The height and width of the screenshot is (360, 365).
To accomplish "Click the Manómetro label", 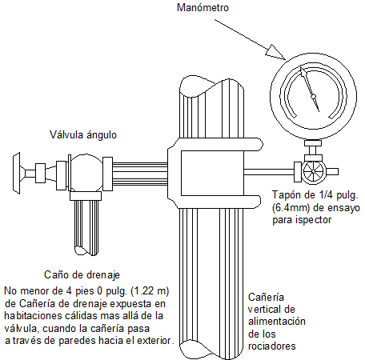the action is [203, 7].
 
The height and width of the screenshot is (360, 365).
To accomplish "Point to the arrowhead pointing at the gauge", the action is [275, 52].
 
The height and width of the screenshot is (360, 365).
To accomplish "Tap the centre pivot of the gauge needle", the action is [314, 96].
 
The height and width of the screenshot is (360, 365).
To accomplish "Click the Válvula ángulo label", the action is [83, 135].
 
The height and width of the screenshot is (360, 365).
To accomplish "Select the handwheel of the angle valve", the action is [17, 173].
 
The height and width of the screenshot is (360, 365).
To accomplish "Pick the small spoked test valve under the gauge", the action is [314, 172].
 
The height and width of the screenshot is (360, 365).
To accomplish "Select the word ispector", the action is [314, 220].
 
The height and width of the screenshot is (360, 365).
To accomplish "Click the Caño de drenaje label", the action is [82, 275].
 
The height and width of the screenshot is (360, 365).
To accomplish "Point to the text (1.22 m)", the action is [150, 291].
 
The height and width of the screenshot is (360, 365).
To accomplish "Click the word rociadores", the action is [272, 346].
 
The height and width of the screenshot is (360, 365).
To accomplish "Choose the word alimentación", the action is [277, 322].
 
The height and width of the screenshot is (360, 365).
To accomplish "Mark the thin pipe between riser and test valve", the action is [269, 172].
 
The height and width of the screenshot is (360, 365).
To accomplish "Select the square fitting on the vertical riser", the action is [212, 173].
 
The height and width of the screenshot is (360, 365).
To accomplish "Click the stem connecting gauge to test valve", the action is [313, 151].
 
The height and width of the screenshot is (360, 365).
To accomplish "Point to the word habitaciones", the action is [33, 316].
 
